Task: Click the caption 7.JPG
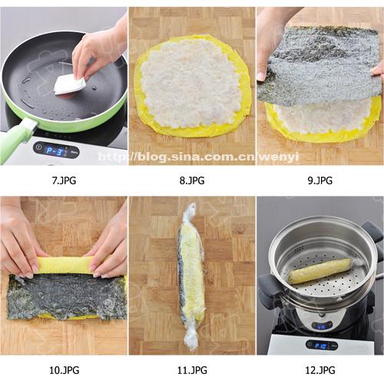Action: (x=64, y=180)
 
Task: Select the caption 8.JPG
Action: (x=192, y=180)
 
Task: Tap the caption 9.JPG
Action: (x=320, y=180)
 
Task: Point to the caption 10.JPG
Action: (x=64, y=370)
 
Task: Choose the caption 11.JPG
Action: (x=192, y=370)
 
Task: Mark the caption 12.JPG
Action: (x=320, y=370)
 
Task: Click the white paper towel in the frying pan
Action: (x=69, y=85)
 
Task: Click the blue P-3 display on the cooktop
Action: (x=55, y=151)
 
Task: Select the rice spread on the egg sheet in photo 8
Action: (x=190, y=82)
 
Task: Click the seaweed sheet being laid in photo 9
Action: (x=319, y=65)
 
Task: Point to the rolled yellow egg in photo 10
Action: (x=65, y=265)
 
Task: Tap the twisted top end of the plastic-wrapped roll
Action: (x=190, y=214)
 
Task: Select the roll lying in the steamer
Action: (x=319, y=271)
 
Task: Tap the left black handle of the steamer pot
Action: (x=270, y=290)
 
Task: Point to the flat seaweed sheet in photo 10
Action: (x=67, y=297)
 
